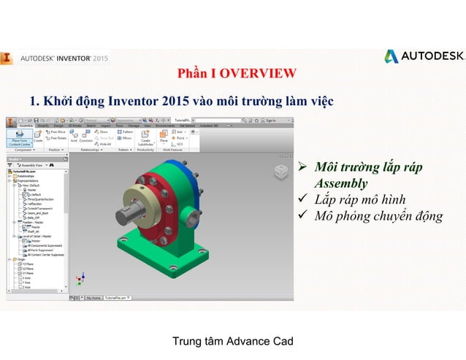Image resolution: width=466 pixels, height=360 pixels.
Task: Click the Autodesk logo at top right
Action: (x=424, y=56)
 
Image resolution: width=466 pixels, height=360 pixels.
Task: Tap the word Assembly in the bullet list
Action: (x=340, y=183)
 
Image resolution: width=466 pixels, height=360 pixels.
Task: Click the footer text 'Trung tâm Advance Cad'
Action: (x=232, y=342)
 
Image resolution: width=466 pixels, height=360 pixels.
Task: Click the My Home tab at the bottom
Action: (x=93, y=298)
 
